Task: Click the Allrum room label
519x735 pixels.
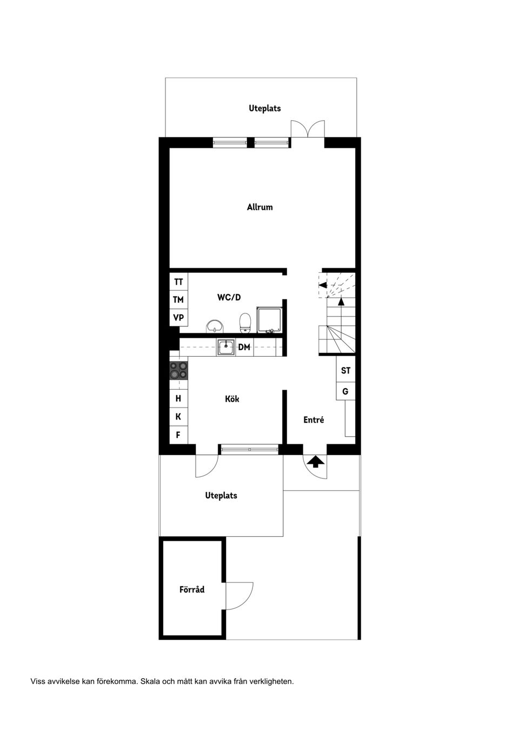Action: coord(259,207)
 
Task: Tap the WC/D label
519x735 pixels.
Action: coord(229,297)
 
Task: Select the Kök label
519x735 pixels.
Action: coord(232,399)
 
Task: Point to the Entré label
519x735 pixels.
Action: coord(314,419)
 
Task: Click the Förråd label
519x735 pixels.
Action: coord(192,589)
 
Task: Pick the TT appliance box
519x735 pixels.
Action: coord(178,282)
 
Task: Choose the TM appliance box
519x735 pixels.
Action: coord(178,299)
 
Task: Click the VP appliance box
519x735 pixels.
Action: coord(178,318)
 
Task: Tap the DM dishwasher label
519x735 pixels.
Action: coord(244,347)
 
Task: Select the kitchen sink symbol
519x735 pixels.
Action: coord(226,347)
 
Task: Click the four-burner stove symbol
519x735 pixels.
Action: coord(178,371)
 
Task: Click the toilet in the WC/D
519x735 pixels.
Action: coord(245,323)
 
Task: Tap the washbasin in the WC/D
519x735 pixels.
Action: coord(215,326)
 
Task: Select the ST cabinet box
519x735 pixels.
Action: coord(345,371)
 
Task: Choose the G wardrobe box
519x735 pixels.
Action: coord(345,391)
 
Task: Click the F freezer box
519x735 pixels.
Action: coord(178,435)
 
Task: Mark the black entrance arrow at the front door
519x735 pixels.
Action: coord(316,461)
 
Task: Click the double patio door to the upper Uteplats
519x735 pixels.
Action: coord(308,130)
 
